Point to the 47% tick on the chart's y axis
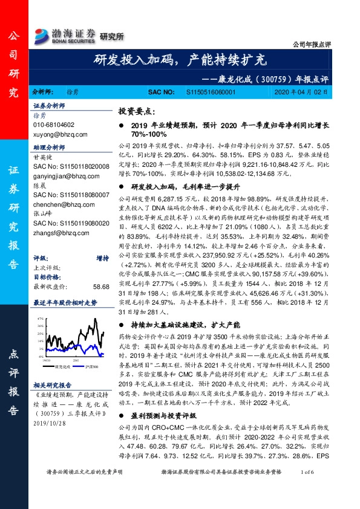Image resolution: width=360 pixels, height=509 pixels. click(x=41, y=318)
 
